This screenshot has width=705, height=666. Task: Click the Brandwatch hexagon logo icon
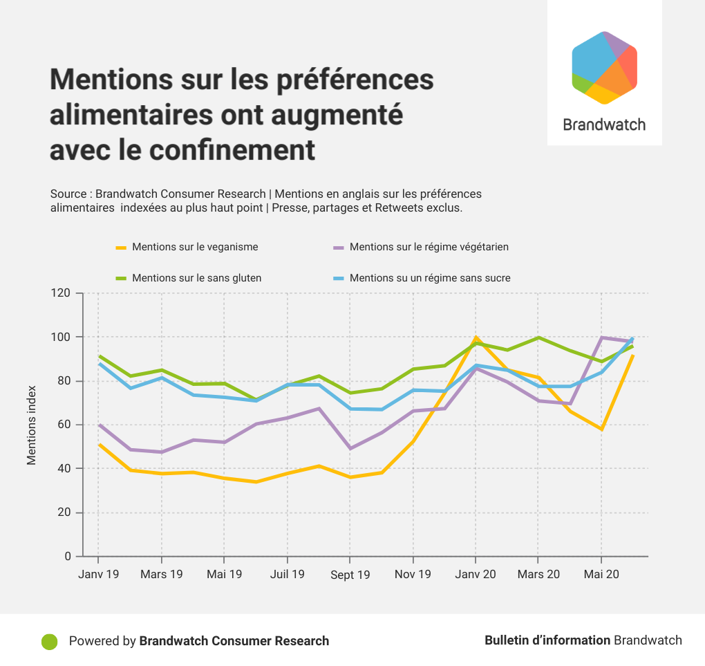click(x=604, y=68)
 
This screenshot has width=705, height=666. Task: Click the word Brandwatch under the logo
click(x=604, y=125)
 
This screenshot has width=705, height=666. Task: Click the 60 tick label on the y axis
click(x=64, y=425)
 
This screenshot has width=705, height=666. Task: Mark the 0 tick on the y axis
click(x=68, y=556)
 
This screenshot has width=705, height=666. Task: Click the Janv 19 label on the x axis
click(x=98, y=575)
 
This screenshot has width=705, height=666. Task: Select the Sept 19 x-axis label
click(x=350, y=575)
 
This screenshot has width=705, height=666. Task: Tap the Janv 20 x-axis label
click(x=476, y=575)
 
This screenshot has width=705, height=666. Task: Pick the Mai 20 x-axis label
click(x=601, y=575)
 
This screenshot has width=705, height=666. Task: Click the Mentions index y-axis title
click(x=32, y=425)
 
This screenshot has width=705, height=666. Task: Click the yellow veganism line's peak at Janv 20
click(x=476, y=337)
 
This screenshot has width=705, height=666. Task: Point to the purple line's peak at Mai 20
click(x=601, y=337)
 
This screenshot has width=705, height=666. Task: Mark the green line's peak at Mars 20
click(x=538, y=337)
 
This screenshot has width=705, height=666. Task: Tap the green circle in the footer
click(x=49, y=641)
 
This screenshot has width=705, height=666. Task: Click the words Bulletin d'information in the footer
click(x=547, y=640)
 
